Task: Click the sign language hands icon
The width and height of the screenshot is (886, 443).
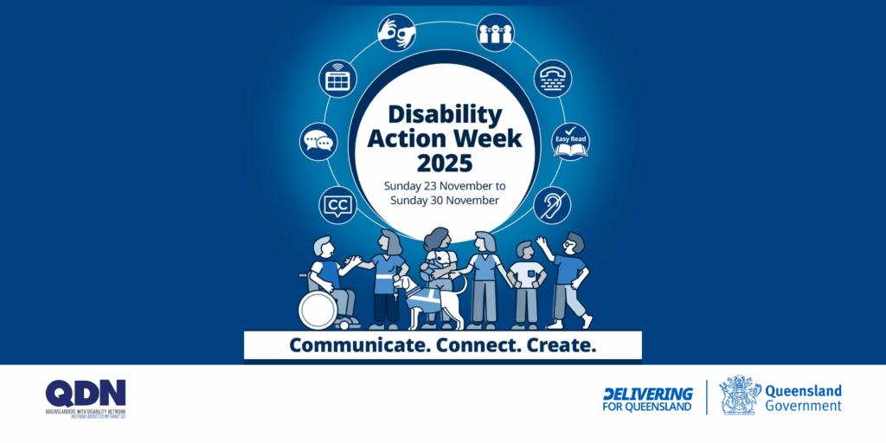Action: coord(396,33)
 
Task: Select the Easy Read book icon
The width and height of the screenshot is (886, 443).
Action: coord(570,142)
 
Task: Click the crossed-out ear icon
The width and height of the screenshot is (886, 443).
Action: coord(551,205)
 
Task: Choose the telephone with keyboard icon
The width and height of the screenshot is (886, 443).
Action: coord(552,78)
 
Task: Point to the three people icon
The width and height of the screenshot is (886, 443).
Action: coord(496,32)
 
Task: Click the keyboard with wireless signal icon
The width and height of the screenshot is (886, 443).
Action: coord(338,78)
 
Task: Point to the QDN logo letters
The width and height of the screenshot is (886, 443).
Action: coord(86,393)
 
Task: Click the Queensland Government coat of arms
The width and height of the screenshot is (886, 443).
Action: coord(740,395)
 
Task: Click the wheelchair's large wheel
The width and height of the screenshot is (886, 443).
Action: coord(318,310)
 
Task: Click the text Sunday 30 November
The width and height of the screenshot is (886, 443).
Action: coord(445,201)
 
